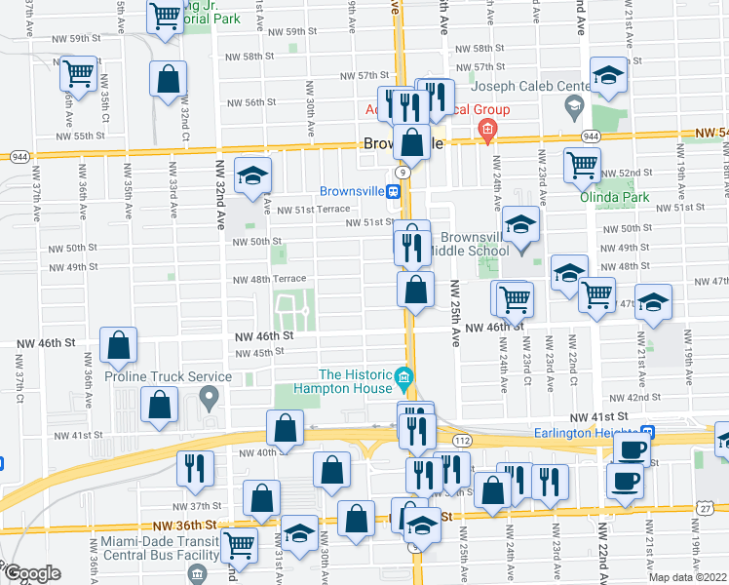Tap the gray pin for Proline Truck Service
coord(208,397)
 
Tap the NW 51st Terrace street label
coord(313,209)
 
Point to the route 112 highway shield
coord(462,442)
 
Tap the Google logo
coord(31,573)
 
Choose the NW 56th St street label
coord(251,102)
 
